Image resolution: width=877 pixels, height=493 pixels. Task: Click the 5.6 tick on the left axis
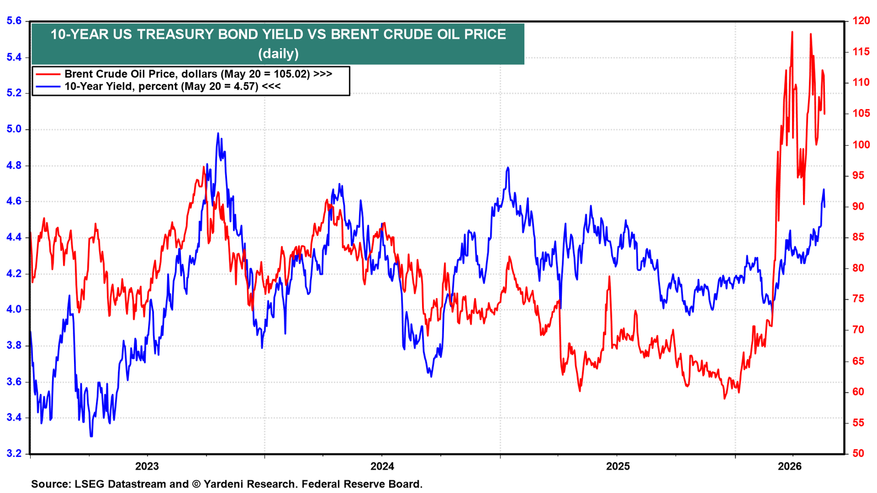click(14, 21)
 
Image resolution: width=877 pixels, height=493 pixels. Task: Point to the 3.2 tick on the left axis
click(14, 454)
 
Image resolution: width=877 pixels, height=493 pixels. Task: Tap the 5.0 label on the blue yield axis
click(14, 129)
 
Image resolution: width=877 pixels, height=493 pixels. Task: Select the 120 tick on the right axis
click(858, 21)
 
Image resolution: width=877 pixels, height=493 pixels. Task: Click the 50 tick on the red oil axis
click(856, 454)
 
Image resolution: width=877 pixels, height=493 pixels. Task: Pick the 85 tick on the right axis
click(856, 237)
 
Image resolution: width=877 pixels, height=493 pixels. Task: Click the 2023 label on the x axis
click(147, 466)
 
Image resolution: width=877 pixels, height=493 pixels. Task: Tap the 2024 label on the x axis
click(382, 466)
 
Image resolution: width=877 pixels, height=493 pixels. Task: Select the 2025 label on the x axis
click(617, 466)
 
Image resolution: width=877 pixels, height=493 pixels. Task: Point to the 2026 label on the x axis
click(790, 466)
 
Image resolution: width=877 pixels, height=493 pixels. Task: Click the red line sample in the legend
click(48, 74)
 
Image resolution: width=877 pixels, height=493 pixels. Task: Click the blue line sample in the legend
click(48, 86)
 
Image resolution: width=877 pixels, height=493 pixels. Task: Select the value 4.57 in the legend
click(245, 86)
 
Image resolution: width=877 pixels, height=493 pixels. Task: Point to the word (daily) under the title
click(278, 53)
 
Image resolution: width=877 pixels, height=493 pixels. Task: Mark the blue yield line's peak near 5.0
click(218, 134)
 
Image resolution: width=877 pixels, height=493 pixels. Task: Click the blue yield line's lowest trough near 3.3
click(91, 436)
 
